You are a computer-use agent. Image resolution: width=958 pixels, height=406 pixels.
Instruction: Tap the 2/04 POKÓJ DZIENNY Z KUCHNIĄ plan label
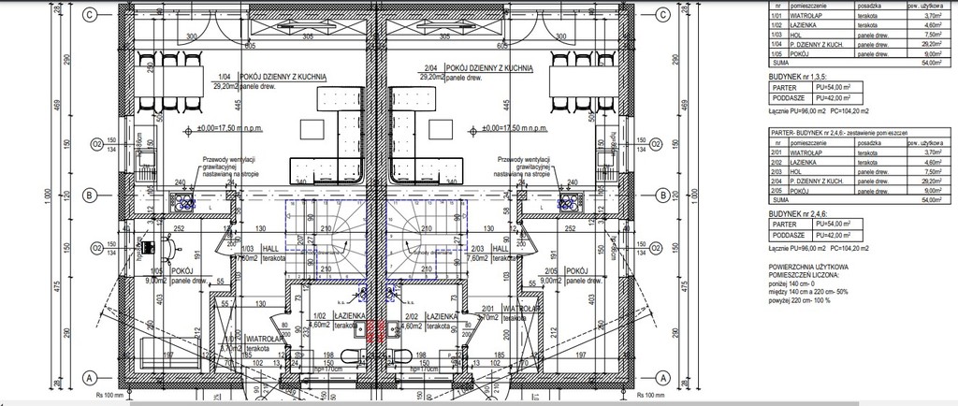(x=477, y=68)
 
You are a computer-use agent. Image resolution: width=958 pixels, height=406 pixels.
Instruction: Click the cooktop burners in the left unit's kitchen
(x=181, y=200)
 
